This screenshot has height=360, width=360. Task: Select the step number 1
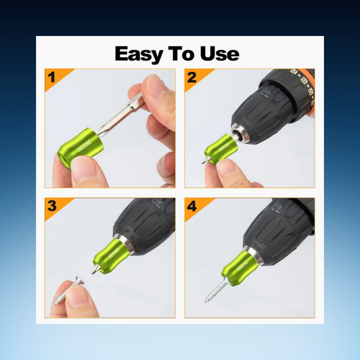pyautogui.click(x=52, y=77)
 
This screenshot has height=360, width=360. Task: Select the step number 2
pyautogui.click(x=192, y=77)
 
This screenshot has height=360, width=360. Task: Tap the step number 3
pyautogui.click(x=52, y=206)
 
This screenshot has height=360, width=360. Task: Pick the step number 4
pyautogui.click(x=192, y=206)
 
